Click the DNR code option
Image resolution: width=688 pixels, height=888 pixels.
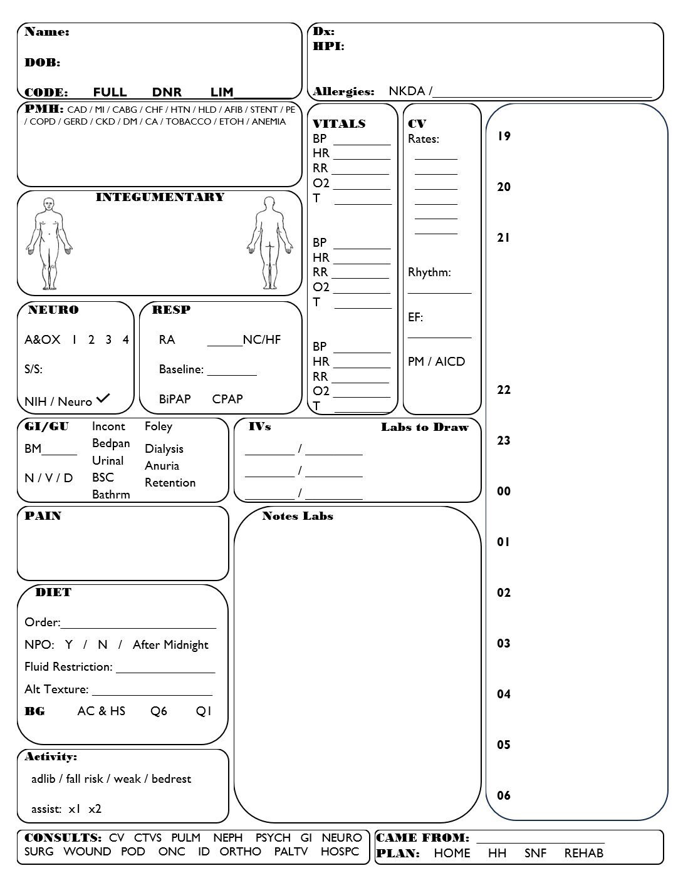coord(167,92)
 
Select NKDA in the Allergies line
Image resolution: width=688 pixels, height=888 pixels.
coord(407,91)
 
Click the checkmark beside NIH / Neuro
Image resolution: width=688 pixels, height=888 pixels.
coord(103,398)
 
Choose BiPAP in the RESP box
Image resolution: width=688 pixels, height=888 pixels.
coord(174,399)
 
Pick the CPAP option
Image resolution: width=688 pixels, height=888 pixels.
coord(227,399)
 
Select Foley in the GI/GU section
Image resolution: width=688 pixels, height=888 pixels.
coord(158,426)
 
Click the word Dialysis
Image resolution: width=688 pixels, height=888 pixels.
coord(164,449)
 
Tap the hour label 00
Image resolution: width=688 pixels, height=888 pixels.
coord(504,492)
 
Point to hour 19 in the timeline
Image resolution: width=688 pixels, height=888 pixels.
coord(504,137)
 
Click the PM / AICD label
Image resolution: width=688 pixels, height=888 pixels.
coord(436,362)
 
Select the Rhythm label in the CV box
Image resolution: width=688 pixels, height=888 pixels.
coord(429,272)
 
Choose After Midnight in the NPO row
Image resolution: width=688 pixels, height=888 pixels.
coord(170,645)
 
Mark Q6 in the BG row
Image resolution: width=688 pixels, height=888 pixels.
coord(159,711)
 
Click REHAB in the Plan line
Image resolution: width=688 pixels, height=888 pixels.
coord(583,854)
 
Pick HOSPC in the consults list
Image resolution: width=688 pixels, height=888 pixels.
coord(340,852)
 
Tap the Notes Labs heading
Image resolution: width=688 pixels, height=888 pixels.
coord(298,517)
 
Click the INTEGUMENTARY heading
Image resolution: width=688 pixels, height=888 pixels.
coord(160,197)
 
